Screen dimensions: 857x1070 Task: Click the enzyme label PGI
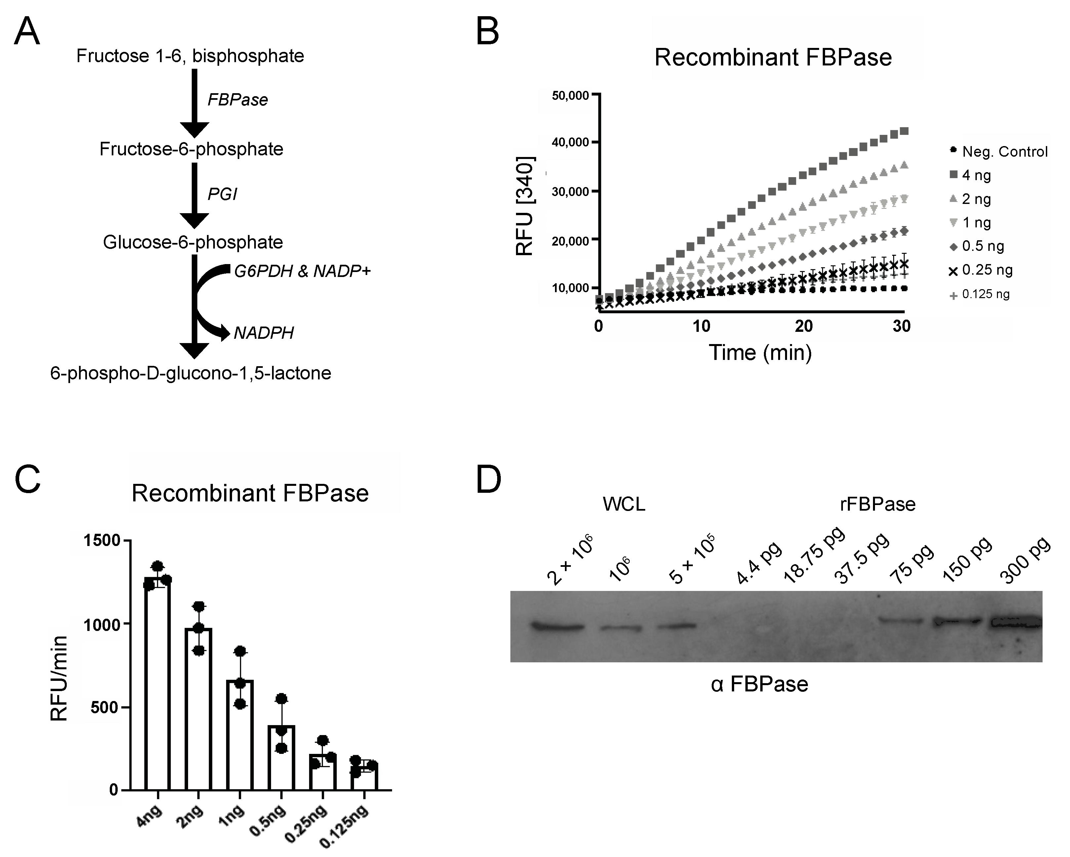click(x=222, y=194)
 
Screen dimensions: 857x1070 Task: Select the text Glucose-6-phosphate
click(x=193, y=242)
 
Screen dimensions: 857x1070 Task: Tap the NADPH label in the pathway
click(x=263, y=332)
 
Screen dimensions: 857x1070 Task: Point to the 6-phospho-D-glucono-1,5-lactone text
click(x=191, y=373)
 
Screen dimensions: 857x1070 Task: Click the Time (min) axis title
click(x=760, y=352)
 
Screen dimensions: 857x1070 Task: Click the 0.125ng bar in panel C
click(x=364, y=779)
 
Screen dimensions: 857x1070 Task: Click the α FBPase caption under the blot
click(x=759, y=684)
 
